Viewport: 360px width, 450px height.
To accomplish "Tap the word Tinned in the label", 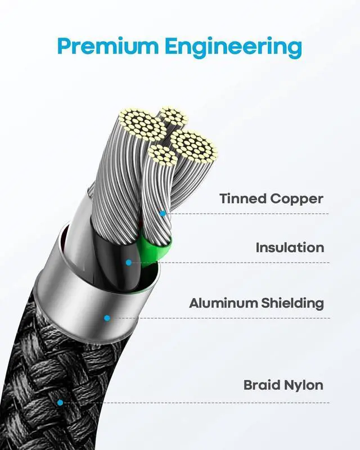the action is [x=242, y=199].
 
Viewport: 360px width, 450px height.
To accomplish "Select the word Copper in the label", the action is [x=297, y=199].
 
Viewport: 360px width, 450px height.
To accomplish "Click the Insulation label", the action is [x=290, y=247].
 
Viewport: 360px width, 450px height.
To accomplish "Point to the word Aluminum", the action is [x=223, y=303].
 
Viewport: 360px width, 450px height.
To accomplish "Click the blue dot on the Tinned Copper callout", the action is [x=163, y=214].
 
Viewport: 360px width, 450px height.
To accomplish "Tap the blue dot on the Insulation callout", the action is [x=129, y=262].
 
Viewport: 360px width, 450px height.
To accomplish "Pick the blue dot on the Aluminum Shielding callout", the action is [x=107, y=318].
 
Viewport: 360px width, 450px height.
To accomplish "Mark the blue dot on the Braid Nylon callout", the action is [x=60, y=402].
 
